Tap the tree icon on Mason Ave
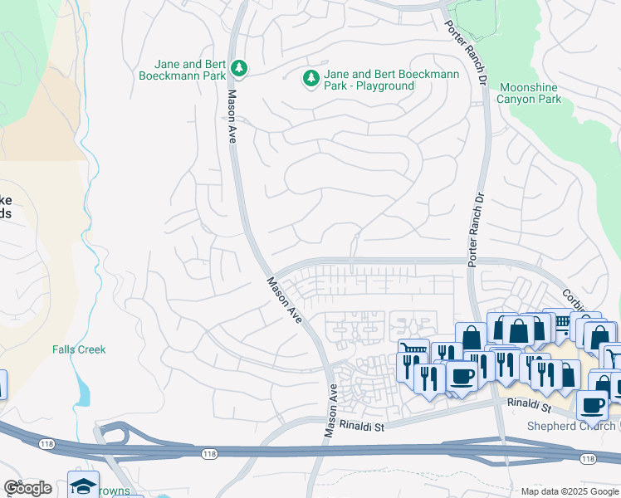[x=239, y=66]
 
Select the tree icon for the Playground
[x=311, y=79]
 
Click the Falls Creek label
[x=79, y=349]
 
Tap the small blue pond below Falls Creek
[x=82, y=390]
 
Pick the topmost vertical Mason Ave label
[x=232, y=116]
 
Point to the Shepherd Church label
[x=574, y=426]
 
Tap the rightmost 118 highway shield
[x=588, y=459]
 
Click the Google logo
[x=27, y=488]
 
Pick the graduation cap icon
[x=84, y=485]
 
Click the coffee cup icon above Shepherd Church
[x=593, y=405]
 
